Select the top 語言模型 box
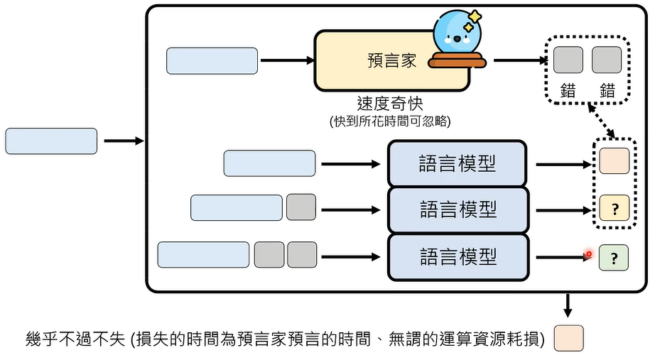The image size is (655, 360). [457, 163]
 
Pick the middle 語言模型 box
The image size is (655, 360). [457, 209]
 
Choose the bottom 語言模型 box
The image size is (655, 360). [457, 256]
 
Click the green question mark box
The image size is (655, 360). [614, 257]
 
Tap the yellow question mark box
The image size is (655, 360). [614, 208]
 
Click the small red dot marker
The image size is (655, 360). [588, 253]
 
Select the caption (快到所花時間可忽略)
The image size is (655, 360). [391, 121]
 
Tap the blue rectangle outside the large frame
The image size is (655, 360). [51, 141]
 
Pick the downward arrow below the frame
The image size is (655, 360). [568, 305]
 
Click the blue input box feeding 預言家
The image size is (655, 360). [212, 61]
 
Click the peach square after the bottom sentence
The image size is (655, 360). [568, 339]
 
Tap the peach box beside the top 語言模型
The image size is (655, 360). [614, 161]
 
